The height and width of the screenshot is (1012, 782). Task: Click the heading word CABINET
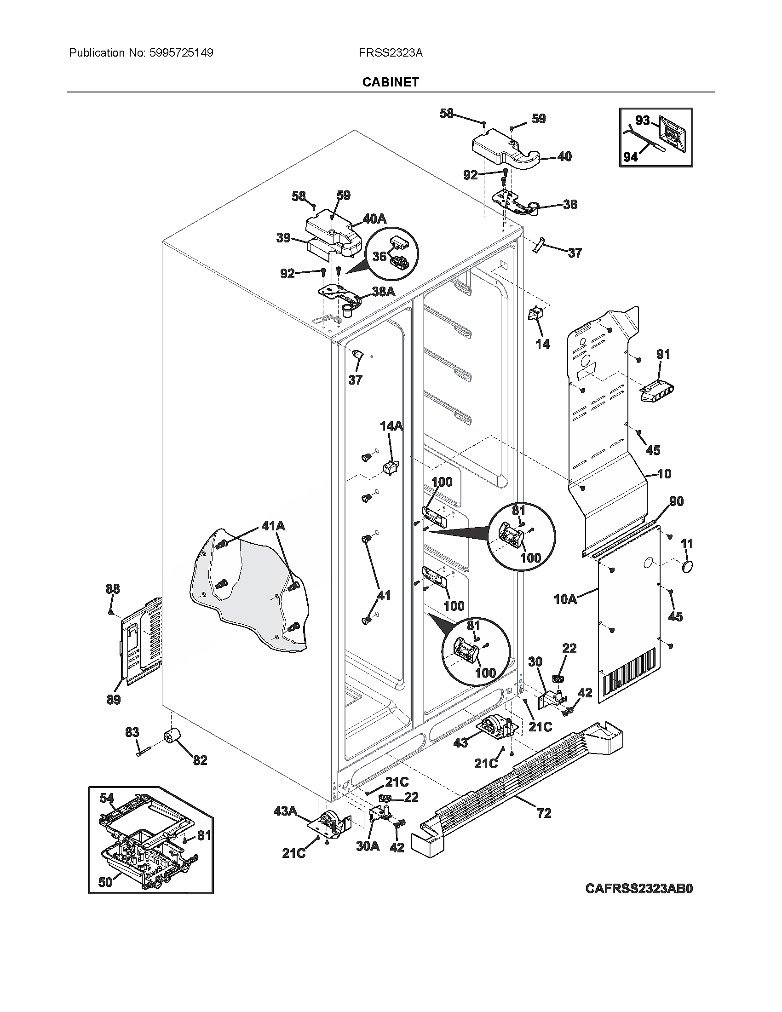point(391,82)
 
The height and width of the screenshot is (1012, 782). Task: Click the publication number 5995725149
point(181,53)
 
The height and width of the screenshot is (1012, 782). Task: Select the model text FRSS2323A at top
point(391,53)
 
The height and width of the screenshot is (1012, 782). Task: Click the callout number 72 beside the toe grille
point(544,813)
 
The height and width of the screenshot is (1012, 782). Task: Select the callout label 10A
point(565,599)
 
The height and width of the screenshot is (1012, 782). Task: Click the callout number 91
point(663,355)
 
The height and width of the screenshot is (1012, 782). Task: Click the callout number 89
point(114,700)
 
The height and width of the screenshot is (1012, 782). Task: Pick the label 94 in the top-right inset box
point(631,157)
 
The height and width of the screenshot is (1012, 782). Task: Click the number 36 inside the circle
point(379,256)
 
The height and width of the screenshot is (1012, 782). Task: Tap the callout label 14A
point(391,426)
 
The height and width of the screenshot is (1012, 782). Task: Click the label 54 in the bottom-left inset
point(107,798)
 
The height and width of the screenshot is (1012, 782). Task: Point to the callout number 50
point(105,882)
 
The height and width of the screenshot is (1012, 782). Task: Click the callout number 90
point(676,501)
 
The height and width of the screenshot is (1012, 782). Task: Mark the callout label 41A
point(273,525)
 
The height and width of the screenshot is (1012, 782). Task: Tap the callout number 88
point(113,589)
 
